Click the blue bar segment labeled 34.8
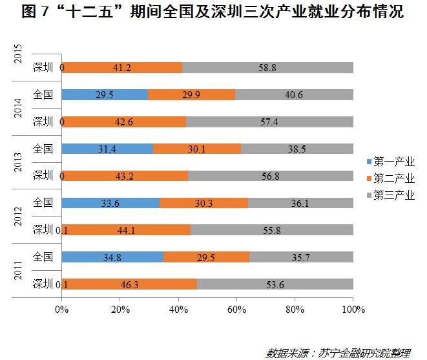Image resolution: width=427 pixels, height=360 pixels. click(112, 257)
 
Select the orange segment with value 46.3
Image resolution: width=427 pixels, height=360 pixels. click(130, 284)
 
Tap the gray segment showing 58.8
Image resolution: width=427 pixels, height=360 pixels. click(267, 67)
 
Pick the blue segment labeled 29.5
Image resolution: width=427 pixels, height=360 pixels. click(105, 94)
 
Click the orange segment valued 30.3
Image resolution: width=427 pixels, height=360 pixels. click(203, 203)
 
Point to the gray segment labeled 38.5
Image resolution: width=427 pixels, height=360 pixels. click(297, 149)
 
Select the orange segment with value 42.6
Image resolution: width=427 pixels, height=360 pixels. click(124, 122)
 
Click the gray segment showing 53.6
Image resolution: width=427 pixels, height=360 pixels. click(275, 284)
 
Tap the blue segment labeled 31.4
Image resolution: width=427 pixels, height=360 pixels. click(107, 149)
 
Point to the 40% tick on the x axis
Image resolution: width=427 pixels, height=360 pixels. click(178, 308)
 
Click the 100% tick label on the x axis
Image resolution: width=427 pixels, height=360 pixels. click(353, 308)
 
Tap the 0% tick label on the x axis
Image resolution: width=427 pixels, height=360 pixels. click(62, 308)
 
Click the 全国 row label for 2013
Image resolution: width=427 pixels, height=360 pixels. click(43, 149)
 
